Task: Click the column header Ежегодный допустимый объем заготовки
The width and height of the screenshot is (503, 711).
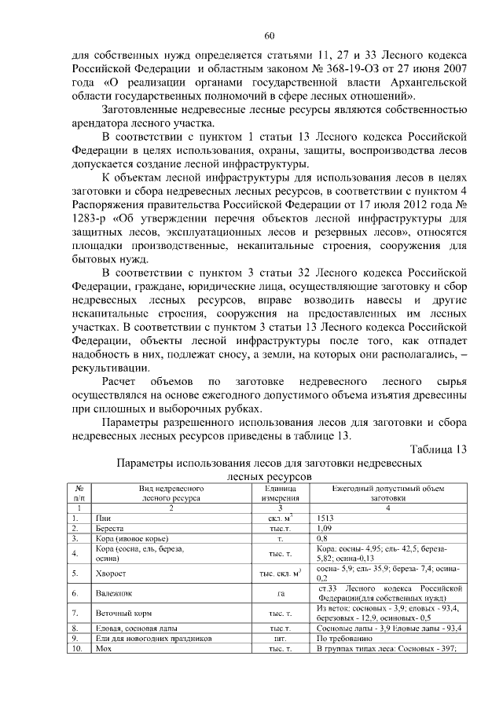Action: (390, 493)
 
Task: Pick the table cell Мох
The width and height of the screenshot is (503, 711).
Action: (102, 648)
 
